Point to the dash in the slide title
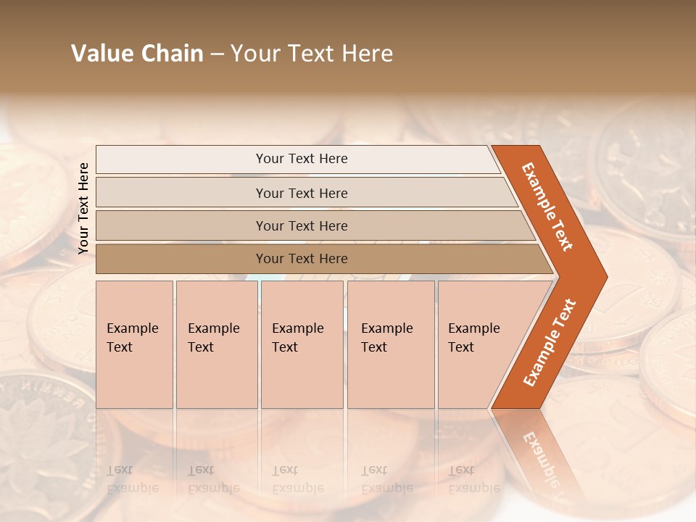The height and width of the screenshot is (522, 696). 217,54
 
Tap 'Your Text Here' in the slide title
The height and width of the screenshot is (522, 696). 312,54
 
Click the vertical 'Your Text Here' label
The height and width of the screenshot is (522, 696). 83,208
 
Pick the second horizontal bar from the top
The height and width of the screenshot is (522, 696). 302,193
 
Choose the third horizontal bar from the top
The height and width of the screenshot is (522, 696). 302,225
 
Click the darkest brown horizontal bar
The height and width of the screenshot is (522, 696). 302,259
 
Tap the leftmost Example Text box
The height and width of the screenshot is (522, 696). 134,344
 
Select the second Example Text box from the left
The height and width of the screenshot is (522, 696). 216,344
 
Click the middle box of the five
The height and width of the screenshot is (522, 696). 302,344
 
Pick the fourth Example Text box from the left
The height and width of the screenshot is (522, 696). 391,344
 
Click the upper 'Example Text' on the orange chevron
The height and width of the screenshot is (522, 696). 547,206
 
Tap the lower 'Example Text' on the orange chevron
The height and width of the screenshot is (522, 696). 550,342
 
